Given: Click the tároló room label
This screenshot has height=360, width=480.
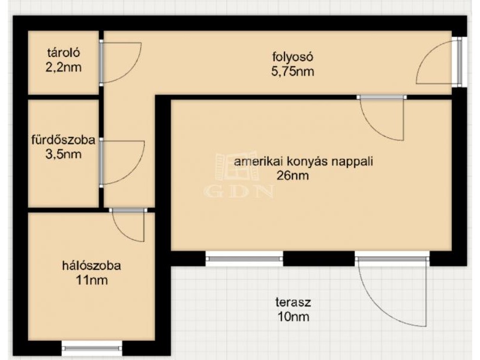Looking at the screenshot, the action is click(x=64, y=53).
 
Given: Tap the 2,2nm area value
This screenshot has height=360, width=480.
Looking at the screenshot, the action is click(x=64, y=67).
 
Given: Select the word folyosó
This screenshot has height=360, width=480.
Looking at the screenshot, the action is click(x=292, y=57).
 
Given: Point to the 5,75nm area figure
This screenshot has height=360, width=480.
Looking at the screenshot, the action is click(x=292, y=71).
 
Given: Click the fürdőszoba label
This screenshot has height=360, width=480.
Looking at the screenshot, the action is click(x=64, y=140).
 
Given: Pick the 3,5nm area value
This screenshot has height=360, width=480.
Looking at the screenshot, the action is click(x=64, y=154).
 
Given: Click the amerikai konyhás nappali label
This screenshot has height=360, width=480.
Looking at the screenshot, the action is click(x=304, y=161).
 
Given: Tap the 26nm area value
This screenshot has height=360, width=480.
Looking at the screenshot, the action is click(x=292, y=176).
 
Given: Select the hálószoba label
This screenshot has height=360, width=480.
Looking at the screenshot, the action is click(x=92, y=265).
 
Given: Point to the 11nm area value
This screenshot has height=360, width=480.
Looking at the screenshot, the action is click(x=92, y=280).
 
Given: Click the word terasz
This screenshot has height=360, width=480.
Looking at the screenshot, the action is click(x=293, y=302).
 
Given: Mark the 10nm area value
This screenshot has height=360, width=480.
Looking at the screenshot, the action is click(x=293, y=317).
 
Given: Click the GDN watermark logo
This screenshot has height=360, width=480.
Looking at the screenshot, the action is click(x=238, y=175).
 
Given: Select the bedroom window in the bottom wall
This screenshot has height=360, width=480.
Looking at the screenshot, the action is click(x=92, y=348).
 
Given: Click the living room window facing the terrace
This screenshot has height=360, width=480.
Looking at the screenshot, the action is click(x=244, y=259).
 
